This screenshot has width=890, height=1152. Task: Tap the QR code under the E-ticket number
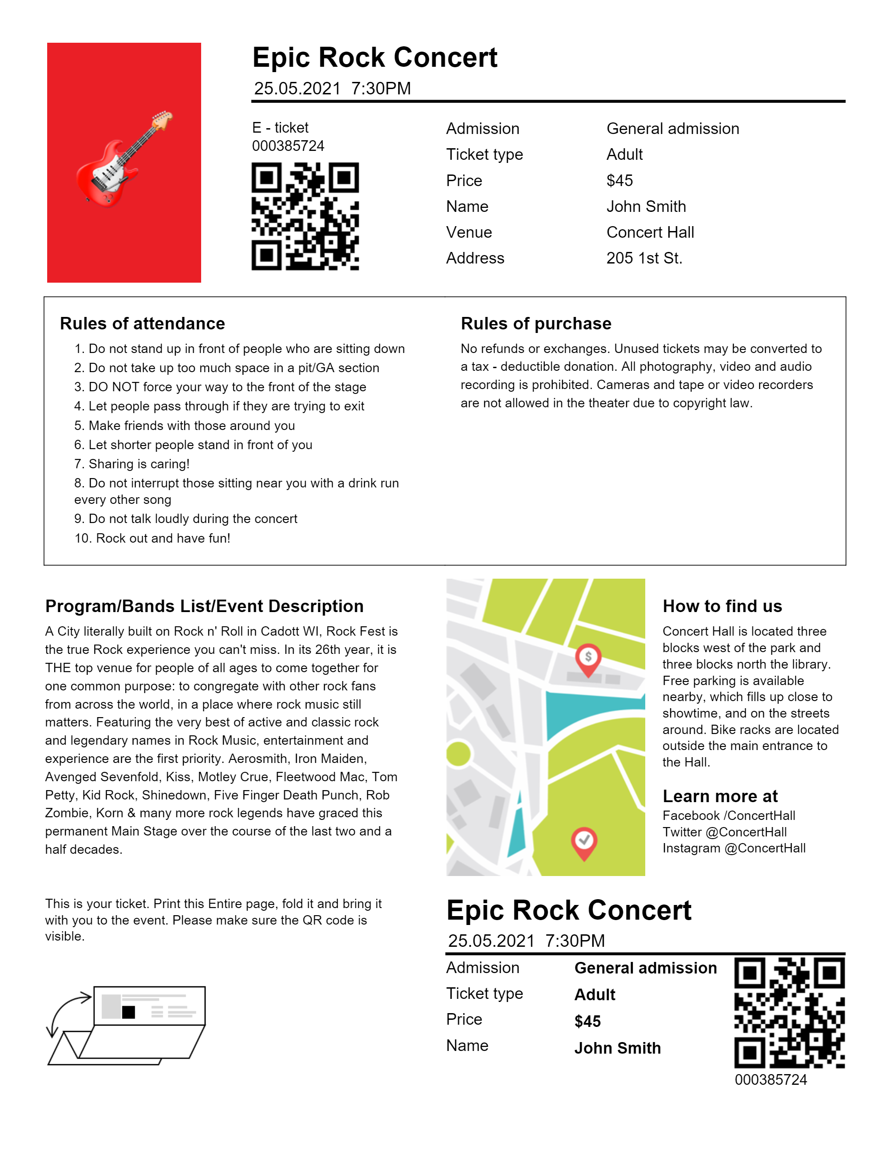coord(305,216)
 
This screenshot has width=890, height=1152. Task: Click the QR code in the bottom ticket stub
coord(789,1012)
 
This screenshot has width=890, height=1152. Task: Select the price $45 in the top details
coord(619,180)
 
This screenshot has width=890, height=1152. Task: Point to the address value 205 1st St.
coord(644,258)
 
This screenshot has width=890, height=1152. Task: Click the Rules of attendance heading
coord(142,323)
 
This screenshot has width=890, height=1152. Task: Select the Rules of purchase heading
coord(536,323)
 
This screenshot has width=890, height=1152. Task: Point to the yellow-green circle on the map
coord(457,753)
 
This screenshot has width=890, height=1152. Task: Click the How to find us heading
coord(722,606)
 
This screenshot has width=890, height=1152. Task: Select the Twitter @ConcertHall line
coord(724,832)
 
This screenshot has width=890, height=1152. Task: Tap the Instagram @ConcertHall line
coord(733,848)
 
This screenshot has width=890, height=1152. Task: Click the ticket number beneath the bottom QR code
coord(770,1080)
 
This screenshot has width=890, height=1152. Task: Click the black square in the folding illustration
coord(129,1012)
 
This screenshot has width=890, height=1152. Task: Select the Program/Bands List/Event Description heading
coord(204,606)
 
